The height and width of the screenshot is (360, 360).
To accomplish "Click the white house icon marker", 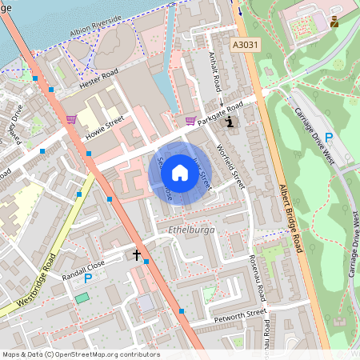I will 180,171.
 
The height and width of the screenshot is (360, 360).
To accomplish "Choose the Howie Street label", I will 105,129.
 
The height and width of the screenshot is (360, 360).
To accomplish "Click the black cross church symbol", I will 136,256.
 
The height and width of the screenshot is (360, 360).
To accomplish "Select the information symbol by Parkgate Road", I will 231,122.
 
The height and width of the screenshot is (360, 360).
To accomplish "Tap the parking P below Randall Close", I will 89,278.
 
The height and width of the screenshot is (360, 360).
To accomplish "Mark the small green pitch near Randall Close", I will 82,298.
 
